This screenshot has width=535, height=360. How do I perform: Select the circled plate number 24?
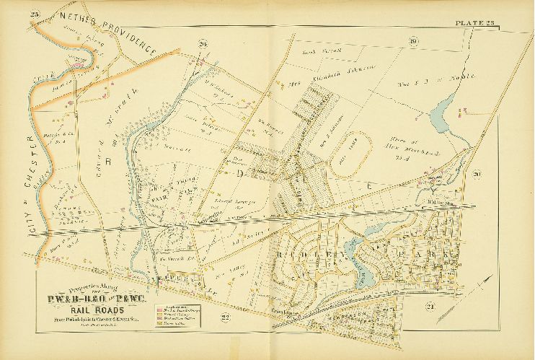pos(204,45)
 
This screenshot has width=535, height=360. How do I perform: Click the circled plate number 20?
pos(477,174)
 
